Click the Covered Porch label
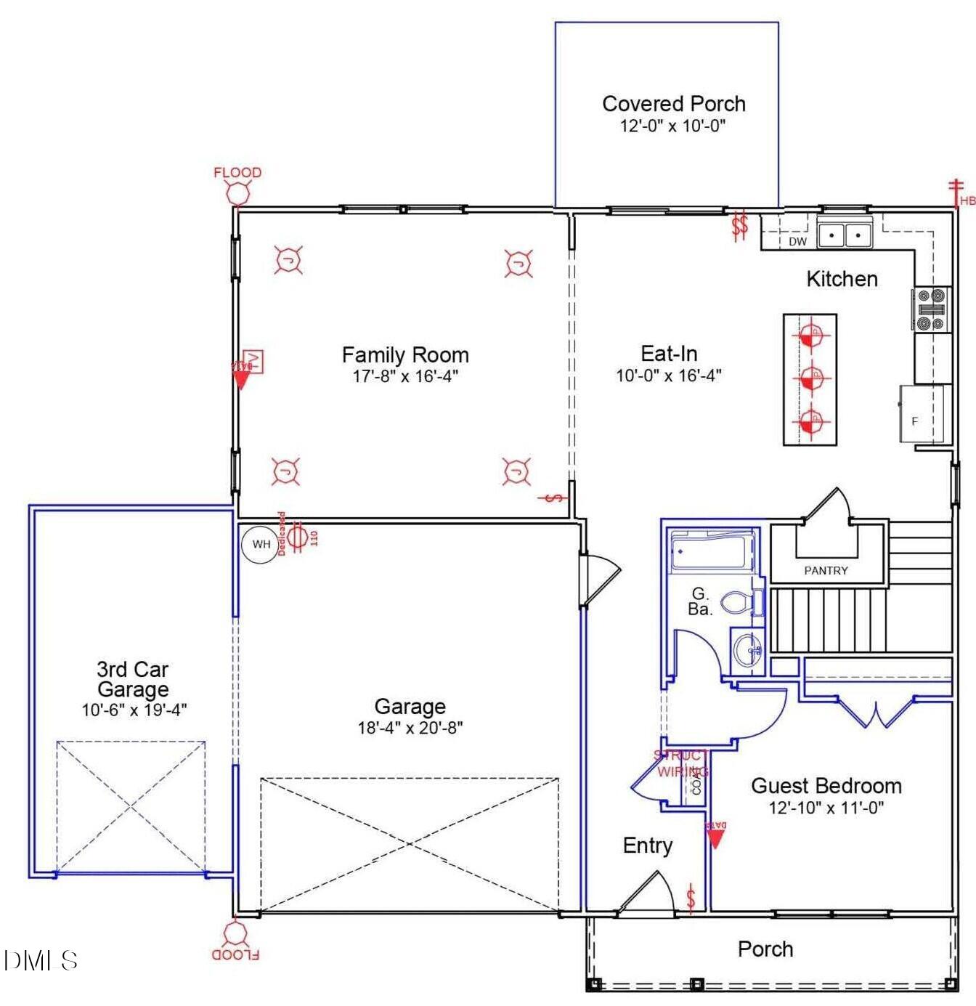pos(673,104)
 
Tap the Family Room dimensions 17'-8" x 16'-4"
pos(405,376)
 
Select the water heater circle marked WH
pos(261,544)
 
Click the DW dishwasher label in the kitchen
pos(797,241)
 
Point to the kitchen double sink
pos(844,235)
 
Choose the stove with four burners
pos(931,309)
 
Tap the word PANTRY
pos(826,571)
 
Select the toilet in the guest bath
pos(739,602)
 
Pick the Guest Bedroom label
pos(826,786)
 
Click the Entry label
pos(647,845)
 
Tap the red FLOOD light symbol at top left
pos(237,192)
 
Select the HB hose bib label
pos(967,200)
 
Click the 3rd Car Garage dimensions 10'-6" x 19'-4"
pos(134,710)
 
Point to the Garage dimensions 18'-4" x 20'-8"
pos(410,727)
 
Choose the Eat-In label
pos(669,354)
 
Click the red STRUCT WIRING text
pos(681,763)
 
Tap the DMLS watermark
pos(41,960)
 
